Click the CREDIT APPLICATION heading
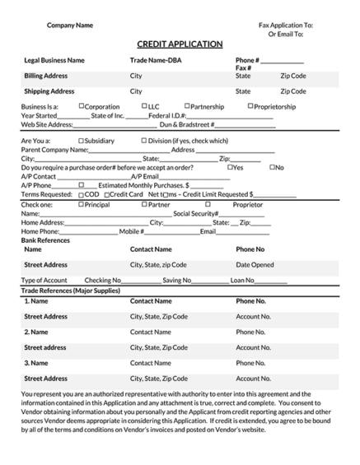[179, 44]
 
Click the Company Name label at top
[69, 26]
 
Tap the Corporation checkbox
[82, 106]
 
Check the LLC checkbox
[144, 106]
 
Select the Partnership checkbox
[187, 106]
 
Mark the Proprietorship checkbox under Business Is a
[250, 106]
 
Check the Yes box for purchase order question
[231, 167]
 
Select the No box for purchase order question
[273, 167]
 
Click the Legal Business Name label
[54, 61]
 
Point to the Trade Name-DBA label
[156, 61]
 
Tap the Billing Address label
[46, 76]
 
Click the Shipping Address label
[49, 91]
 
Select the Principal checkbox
[81, 204]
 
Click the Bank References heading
[45, 239]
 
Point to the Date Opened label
[255, 265]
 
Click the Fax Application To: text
[285, 26]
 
